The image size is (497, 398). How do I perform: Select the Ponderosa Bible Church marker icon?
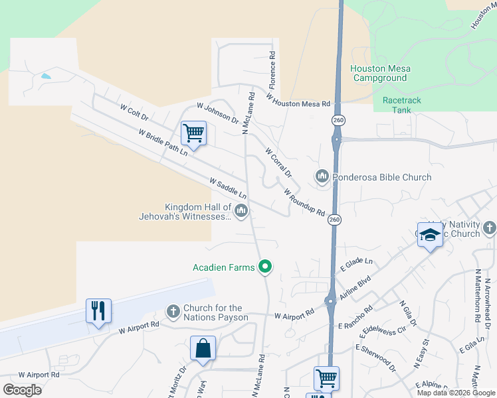[x=323, y=176]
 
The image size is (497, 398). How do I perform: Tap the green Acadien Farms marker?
[x=265, y=267]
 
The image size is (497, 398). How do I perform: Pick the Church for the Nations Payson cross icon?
[x=173, y=312]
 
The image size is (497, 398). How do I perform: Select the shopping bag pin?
[x=203, y=348]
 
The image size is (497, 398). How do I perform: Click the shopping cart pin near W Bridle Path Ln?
[x=193, y=132]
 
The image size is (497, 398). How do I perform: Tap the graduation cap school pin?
[x=430, y=235]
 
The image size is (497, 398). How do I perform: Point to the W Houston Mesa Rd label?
[x=298, y=100]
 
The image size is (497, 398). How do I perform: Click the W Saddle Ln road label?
[x=228, y=188]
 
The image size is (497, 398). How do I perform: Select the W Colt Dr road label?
[x=134, y=111]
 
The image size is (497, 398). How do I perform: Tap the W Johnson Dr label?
[x=217, y=113]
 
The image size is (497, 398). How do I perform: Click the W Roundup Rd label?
[x=304, y=203]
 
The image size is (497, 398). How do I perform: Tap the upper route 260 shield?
[x=338, y=120]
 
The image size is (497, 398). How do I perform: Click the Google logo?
[x=22, y=389]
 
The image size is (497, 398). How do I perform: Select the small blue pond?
[x=45, y=76]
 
